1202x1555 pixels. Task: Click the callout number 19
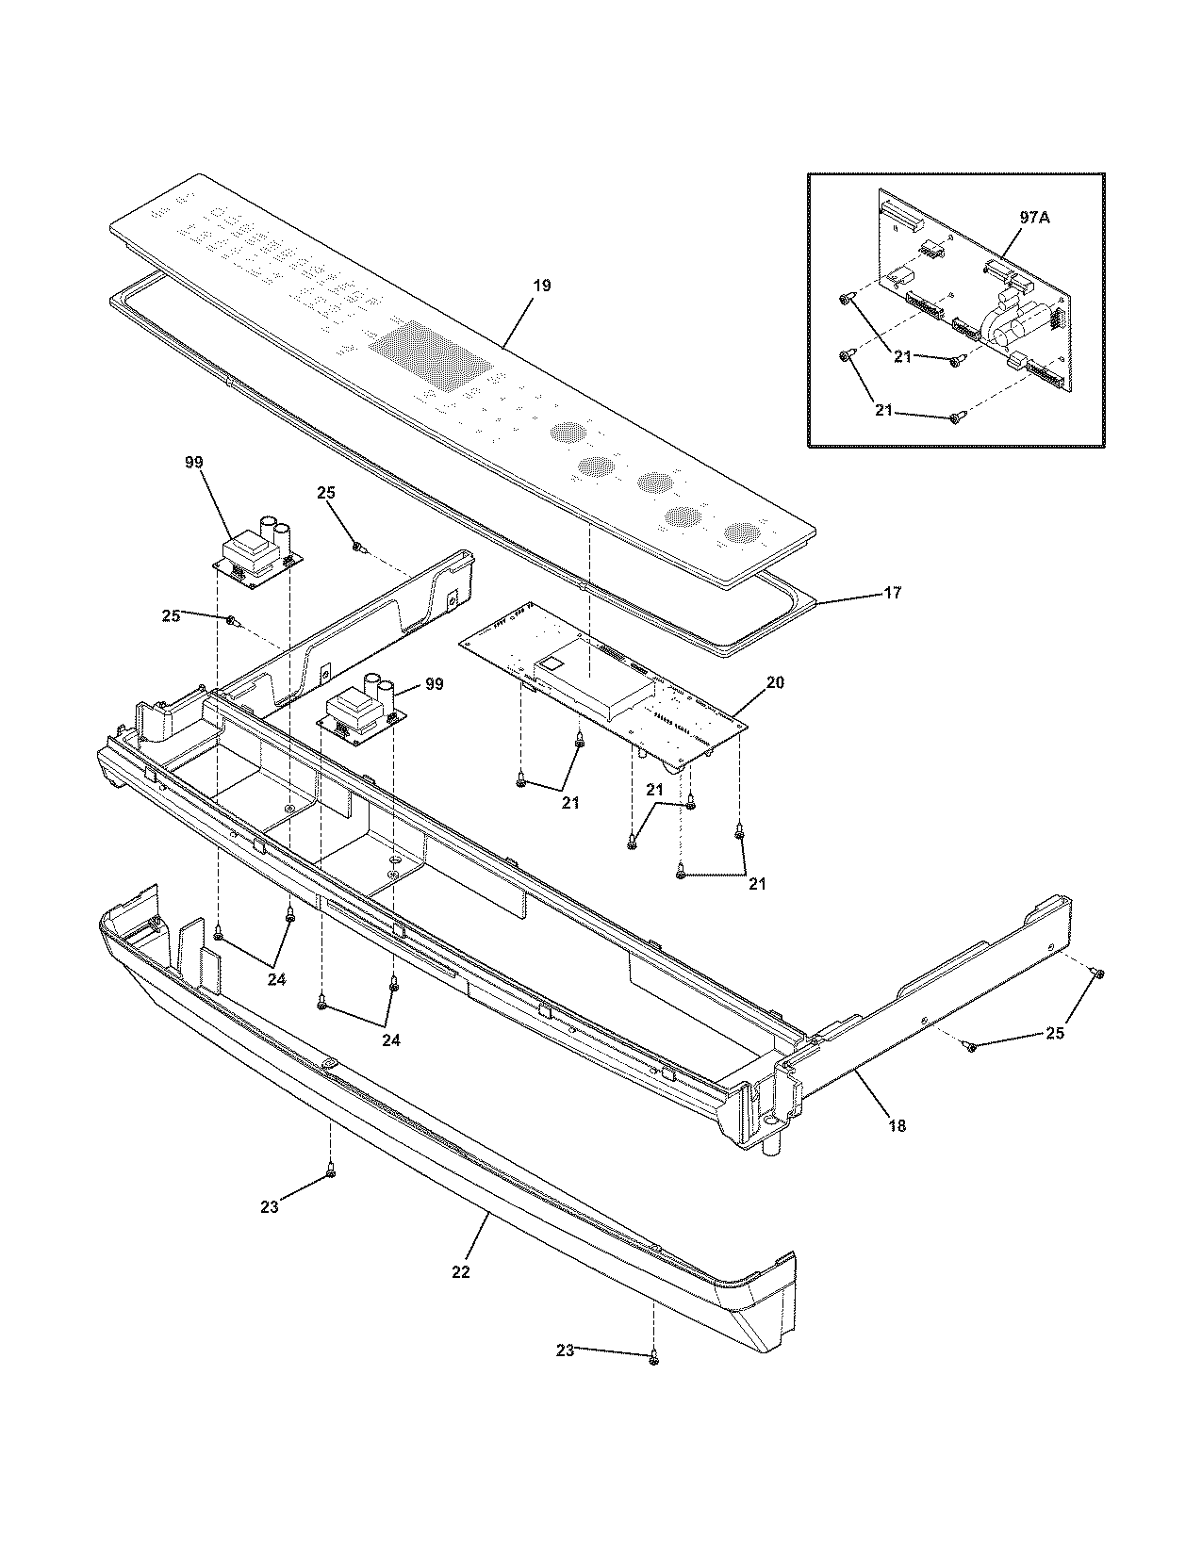542,286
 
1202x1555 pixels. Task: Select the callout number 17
892,593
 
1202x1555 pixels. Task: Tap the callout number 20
773,682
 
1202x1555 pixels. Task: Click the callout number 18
897,1125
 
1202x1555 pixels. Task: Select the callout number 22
460,1271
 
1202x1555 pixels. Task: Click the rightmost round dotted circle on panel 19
741,532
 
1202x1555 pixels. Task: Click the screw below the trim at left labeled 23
330,1171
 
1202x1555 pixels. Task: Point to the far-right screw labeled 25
1097,972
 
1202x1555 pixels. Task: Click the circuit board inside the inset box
971,292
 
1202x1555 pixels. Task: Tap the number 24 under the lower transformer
390,1040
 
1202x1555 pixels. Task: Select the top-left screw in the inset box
846,300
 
